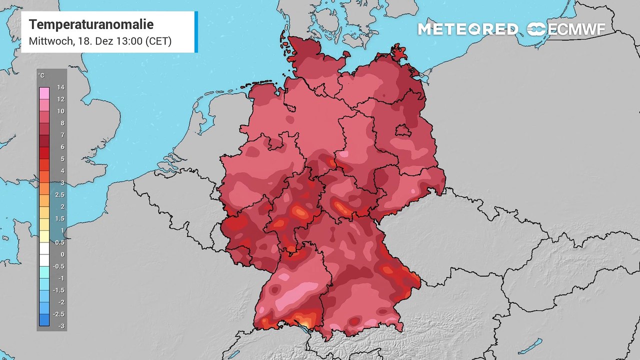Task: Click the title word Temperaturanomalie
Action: (x=91, y=24)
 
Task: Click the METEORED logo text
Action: (x=467, y=29)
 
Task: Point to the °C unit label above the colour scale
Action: (x=41, y=75)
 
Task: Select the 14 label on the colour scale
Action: (x=60, y=87)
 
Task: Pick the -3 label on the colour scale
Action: (x=60, y=326)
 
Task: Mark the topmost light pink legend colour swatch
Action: (x=44, y=93)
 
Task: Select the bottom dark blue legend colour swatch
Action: (x=44, y=320)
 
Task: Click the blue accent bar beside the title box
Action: (x=196, y=31)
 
